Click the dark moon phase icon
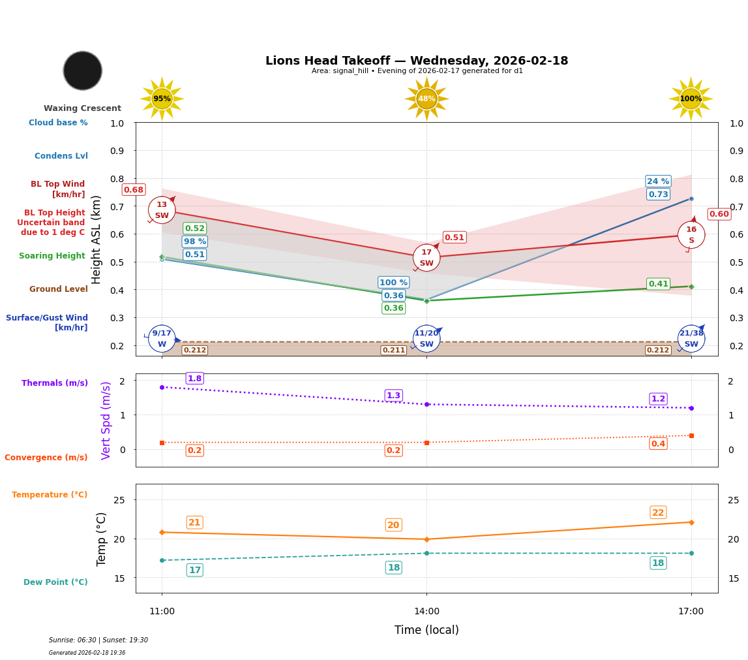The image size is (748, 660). [83, 71]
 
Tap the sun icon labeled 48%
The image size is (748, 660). [426, 99]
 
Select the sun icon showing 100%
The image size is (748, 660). [691, 99]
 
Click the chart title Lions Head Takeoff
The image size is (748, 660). [417, 61]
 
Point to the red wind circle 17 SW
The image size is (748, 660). [426, 258]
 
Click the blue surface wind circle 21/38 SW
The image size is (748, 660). [691, 338]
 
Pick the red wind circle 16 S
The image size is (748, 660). [691, 235]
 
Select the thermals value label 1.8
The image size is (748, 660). [194, 379]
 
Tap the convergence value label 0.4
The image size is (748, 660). [658, 444]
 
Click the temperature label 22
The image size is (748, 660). [658, 512]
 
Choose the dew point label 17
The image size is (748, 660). [194, 570]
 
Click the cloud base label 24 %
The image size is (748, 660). [658, 181]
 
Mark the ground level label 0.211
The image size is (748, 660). [393, 351]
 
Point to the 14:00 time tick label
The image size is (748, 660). [426, 612]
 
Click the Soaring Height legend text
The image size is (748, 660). [52, 256]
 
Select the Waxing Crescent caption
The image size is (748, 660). [82, 108]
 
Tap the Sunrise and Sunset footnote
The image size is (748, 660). [98, 640]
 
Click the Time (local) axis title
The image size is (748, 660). [426, 630]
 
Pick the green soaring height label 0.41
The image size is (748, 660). [658, 284]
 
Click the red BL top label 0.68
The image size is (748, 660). [134, 190]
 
